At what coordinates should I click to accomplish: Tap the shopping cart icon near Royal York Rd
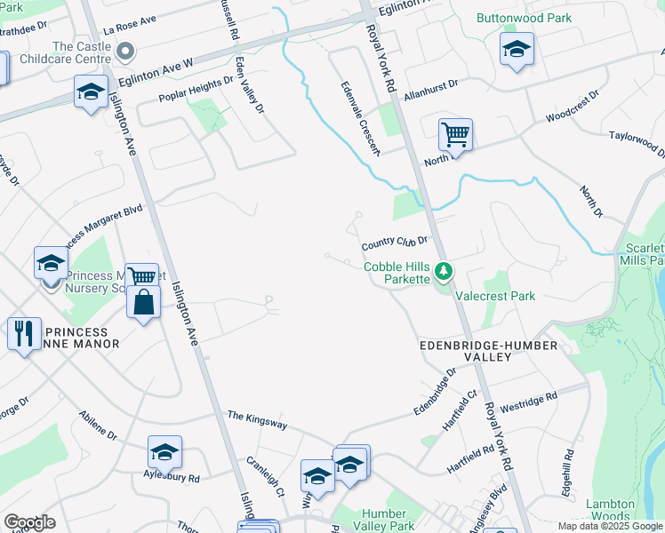[455, 136]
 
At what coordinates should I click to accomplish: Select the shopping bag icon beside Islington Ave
[142, 302]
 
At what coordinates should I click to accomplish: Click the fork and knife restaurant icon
[22, 334]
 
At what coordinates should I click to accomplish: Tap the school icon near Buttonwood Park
[517, 50]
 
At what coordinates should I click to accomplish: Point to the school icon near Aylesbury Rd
[164, 453]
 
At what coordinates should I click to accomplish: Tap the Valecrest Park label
[495, 296]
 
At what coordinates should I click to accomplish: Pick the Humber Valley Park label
[388, 520]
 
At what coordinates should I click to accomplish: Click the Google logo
[29, 522]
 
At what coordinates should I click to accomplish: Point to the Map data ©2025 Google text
[609, 526]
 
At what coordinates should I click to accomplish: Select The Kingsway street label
[257, 419]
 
